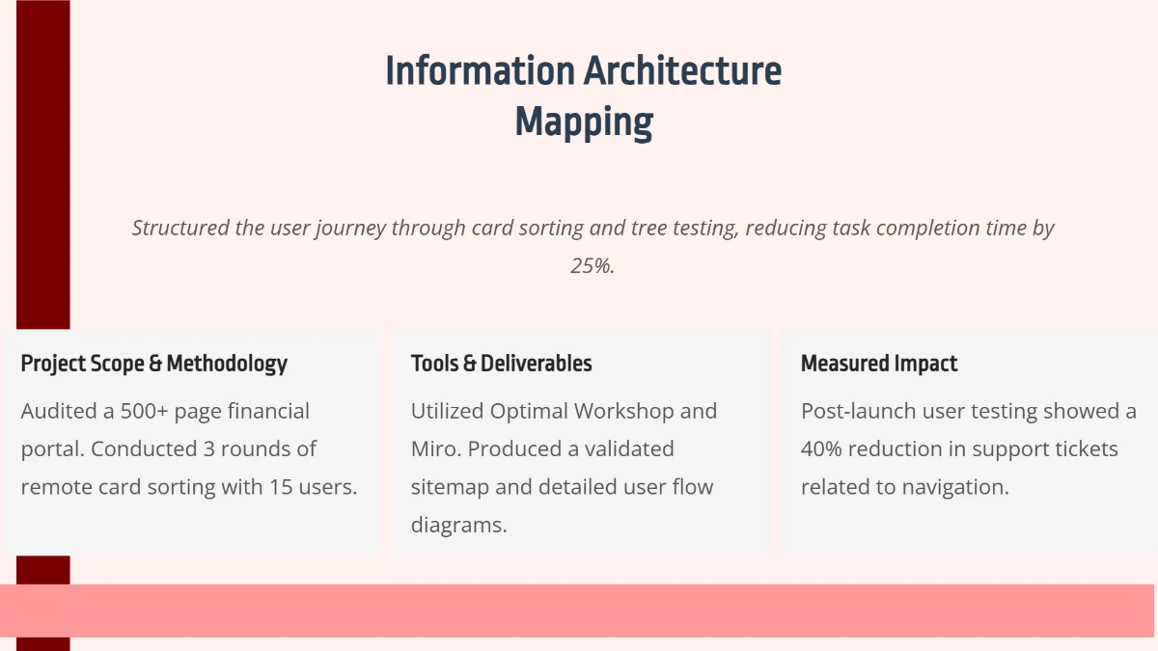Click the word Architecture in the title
point(682,72)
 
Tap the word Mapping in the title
point(584,122)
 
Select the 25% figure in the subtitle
point(593,266)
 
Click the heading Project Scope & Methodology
point(154,364)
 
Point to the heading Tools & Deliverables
point(501,364)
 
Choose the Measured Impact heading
point(879,364)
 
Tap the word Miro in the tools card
point(432,449)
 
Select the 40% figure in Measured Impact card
point(823,449)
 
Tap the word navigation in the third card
point(954,487)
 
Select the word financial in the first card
point(263,412)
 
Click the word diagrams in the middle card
point(458,525)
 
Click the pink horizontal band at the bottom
point(579,610)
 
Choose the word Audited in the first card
point(58,412)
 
